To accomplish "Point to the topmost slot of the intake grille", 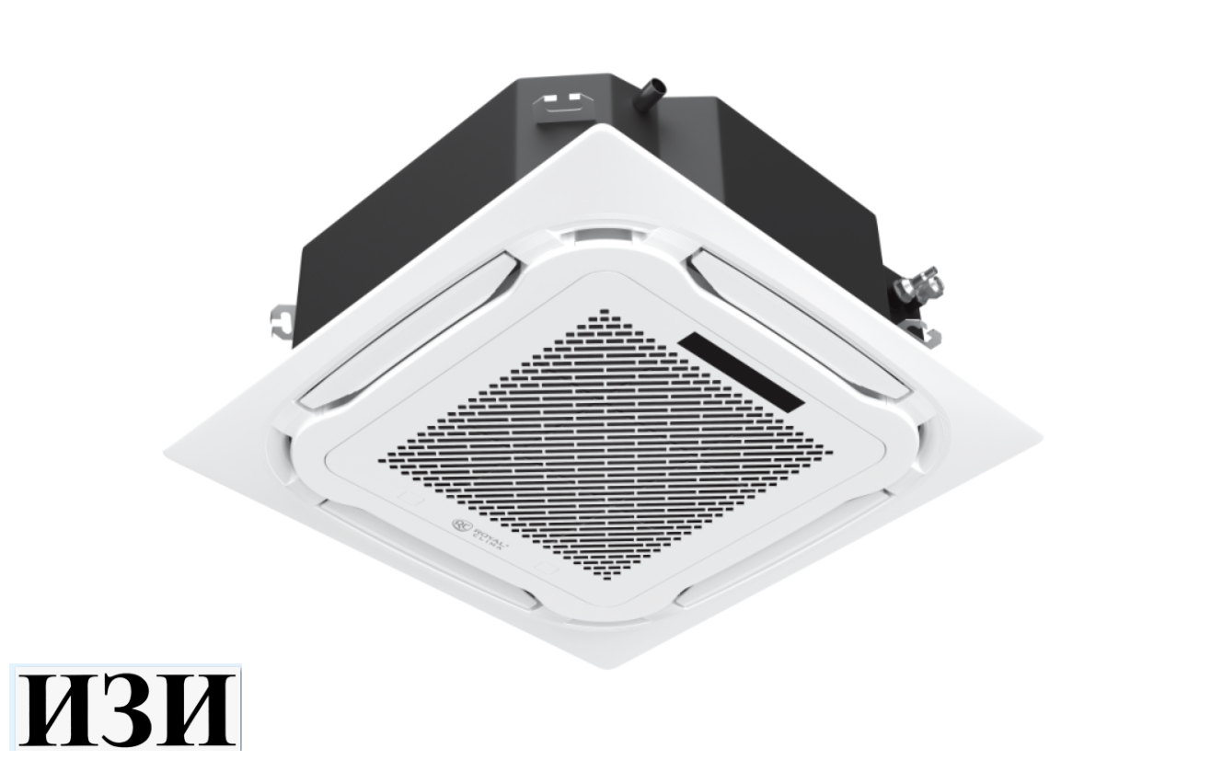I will pyautogui.click(x=603, y=312).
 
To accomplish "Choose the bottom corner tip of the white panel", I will pyautogui.click(x=600, y=665).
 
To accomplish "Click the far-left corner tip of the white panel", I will pyautogui.click(x=167, y=454).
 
